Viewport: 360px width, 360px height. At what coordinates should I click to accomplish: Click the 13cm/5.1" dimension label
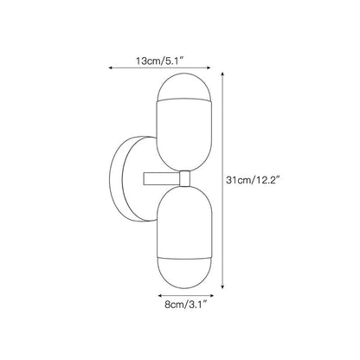[x=160, y=61]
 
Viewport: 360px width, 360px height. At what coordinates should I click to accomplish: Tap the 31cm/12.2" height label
[x=254, y=181]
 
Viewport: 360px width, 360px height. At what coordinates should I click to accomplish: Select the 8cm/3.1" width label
[x=186, y=305]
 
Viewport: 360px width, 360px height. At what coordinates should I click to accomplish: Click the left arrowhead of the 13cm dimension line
[x=110, y=67]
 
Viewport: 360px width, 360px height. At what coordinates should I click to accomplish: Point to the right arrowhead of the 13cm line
[x=209, y=67]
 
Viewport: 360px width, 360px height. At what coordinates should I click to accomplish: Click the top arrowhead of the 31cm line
[x=222, y=74]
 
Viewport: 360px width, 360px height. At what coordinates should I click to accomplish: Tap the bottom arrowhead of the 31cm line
[x=222, y=286]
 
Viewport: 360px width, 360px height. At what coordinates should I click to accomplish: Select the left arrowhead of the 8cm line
[x=159, y=296]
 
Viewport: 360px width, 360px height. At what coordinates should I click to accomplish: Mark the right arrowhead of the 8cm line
[x=212, y=296]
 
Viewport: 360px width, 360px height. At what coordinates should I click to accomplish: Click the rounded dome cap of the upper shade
[x=184, y=86]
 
